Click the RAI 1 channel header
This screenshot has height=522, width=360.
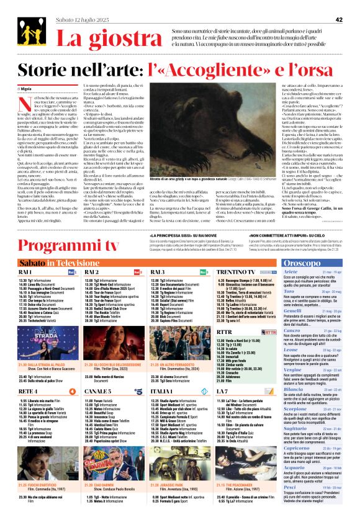click(x=27, y=272)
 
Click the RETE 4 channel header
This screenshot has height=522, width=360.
click(x=28, y=392)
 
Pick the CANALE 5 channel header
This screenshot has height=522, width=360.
click(x=97, y=392)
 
